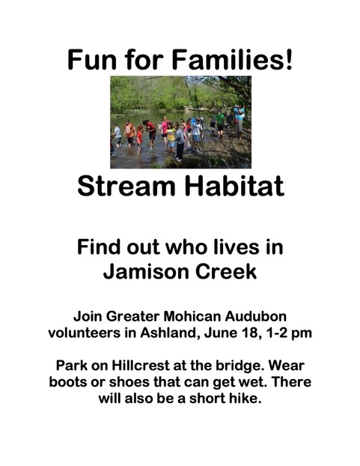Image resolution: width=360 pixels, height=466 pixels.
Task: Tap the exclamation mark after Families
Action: click(288, 59)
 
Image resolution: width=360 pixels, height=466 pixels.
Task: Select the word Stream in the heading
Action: click(126, 186)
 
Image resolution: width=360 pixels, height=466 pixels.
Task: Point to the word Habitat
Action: click(234, 186)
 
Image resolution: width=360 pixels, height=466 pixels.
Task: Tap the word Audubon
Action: click(255, 316)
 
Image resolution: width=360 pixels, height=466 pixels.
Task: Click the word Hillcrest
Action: click(141, 366)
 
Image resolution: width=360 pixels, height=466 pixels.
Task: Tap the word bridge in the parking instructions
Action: click(240, 366)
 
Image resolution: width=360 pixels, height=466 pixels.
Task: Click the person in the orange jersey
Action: click(129, 133)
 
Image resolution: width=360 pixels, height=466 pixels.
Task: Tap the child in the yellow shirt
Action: click(171, 137)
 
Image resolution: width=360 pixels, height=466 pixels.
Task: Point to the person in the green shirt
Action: click(220, 124)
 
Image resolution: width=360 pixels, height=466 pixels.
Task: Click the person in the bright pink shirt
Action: click(165, 131)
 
